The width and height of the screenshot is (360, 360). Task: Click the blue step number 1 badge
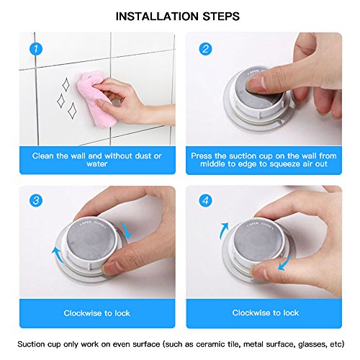[36, 49]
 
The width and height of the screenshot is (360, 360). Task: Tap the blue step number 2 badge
[205, 49]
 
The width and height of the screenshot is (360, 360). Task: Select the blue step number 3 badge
[36, 200]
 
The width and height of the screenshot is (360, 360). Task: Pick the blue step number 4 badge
[205, 200]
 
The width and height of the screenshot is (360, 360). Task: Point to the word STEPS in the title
[221, 17]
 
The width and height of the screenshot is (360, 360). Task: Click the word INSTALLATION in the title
[157, 17]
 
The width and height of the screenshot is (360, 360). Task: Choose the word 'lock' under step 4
[291, 312]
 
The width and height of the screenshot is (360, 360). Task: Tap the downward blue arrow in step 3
[127, 230]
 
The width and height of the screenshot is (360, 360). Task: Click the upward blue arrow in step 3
[58, 255]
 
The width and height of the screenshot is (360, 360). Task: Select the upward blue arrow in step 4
[223, 230]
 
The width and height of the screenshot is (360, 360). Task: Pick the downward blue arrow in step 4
[284, 264]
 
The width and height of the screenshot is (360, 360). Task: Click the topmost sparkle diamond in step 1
[66, 85]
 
